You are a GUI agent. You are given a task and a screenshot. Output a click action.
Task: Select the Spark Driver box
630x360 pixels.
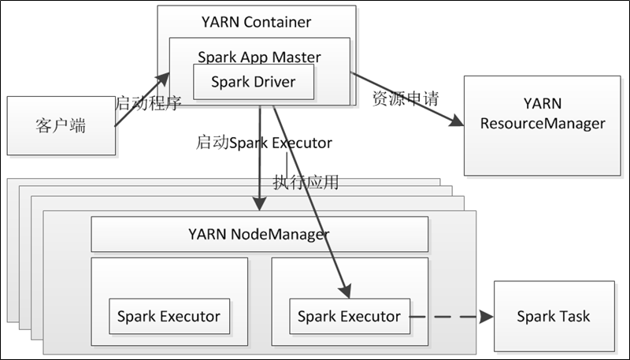pyautogui.click(x=254, y=81)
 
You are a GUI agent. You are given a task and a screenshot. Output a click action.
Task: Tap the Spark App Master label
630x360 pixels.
pyautogui.click(x=259, y=57)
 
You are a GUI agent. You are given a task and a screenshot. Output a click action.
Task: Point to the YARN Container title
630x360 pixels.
pyautogui.click(x=256, y=22)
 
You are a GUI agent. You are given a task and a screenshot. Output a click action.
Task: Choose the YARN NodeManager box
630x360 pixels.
pyautogui.click(x=259, y=234)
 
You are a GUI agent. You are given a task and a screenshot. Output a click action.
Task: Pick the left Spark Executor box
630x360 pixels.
pyautogui.click(x=169, y=317)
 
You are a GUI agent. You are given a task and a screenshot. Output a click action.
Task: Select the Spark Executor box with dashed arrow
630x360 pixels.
pyautogui.click(x=349, y=317)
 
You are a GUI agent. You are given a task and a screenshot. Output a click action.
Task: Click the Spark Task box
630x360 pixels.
pyautogui.click(x=553, y=317)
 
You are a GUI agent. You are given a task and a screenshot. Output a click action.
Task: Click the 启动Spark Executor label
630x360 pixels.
pyautogui.click(x=264, y=143)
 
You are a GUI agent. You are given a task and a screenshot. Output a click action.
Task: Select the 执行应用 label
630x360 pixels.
pyautogui.click(x=306, y=182)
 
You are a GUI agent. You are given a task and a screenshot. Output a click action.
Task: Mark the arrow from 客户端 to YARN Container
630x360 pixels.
pyautogui.click(x=142, y=101)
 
